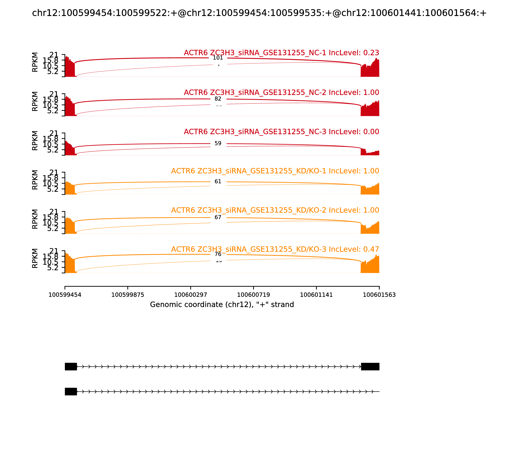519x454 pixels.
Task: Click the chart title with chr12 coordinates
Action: (259, 13)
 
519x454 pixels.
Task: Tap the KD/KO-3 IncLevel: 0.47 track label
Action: (275, 249)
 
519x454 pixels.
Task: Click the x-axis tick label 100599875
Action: (128, 295)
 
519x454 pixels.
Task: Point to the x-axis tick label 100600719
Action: (253, 295)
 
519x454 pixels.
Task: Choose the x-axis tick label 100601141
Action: (316, 295)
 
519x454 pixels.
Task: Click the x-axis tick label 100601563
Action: (379, 295)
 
